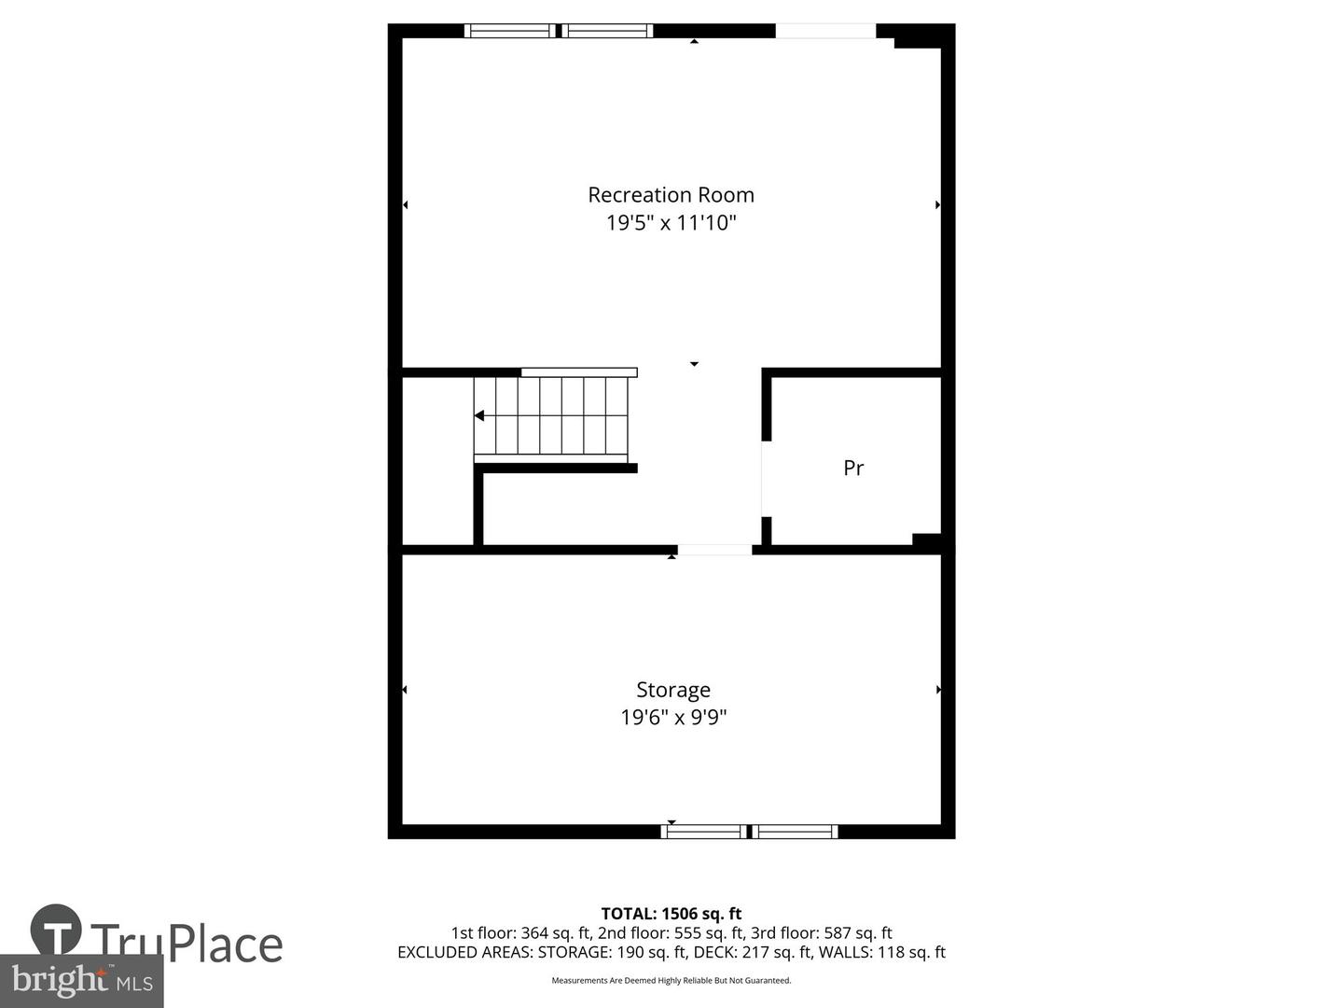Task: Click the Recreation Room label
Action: [x=671, y=195]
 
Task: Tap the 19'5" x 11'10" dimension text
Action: [x=671, y=223]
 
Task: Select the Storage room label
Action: [x=672, y=690]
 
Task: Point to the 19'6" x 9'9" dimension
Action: [x=672, y=718]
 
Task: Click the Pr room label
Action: [x=852, y=468]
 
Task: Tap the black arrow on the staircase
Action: [x=479, y=415]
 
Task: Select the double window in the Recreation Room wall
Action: [x=559, y=31]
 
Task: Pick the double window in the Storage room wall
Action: [x=749, y=832]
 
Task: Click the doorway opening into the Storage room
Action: [x=714, y=550]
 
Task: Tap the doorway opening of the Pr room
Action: [x=766, y=479]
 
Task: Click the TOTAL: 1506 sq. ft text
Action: [x=671, y=914]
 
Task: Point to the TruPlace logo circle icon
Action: [x=56, y=930]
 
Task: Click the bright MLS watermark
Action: [x=82, y=981]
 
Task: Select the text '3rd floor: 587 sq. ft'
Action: [x=821, y=932]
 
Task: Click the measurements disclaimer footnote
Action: [x=671, y=980]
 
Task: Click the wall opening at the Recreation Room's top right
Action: [x=825, y=31]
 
